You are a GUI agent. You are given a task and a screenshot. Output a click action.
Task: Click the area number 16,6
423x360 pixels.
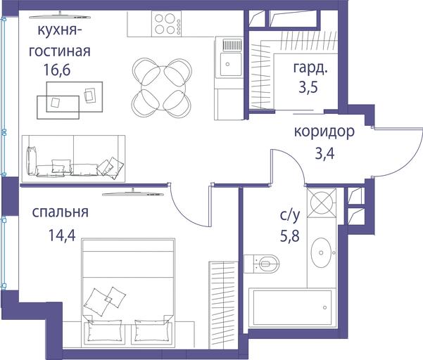(56, 70)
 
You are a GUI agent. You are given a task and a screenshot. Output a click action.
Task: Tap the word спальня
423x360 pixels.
(60, 212)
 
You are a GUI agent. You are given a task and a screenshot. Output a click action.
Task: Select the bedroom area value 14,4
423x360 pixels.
(62, 235)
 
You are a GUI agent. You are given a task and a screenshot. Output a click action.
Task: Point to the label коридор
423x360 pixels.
(324, 132)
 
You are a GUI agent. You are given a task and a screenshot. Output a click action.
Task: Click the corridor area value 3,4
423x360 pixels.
(324, 154)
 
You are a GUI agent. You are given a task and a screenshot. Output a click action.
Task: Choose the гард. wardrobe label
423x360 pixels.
(310, 68)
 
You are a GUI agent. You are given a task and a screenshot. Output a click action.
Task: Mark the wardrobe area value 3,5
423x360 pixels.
(308, 88)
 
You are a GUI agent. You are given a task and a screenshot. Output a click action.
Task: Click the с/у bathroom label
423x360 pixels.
(290, 216)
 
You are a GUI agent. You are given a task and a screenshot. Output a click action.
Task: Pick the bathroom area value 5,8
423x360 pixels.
(290, 236)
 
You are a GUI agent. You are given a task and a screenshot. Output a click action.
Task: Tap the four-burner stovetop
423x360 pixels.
(166, 24)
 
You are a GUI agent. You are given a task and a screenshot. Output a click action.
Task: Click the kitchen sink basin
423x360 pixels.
(231, 64)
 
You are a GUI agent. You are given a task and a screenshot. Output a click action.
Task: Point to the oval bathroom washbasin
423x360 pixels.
(321, 252)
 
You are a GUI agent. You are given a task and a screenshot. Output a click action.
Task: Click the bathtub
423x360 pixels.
(292, 307)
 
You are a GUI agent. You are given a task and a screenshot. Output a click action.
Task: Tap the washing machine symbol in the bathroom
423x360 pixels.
(322, 202)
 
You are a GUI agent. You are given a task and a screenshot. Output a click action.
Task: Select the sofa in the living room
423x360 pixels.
(73, 159)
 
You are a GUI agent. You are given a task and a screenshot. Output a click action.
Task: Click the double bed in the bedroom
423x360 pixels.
(128, 291)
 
